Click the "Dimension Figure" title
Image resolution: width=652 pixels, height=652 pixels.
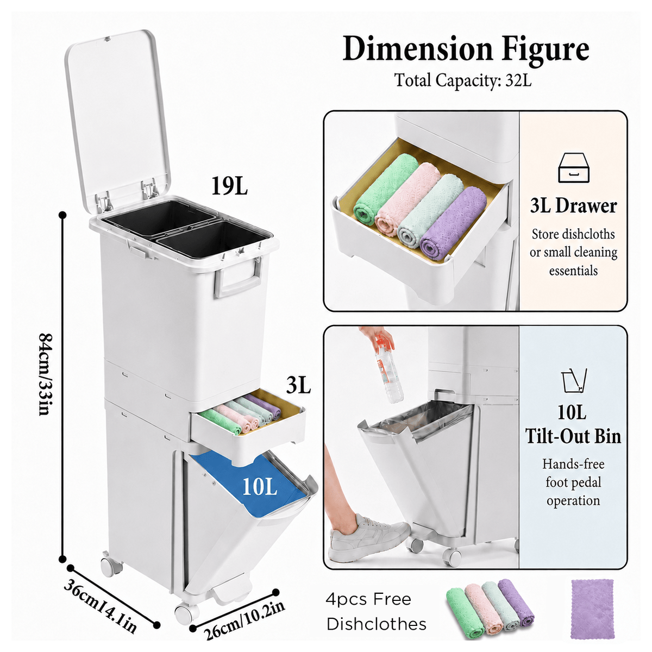point(466,49)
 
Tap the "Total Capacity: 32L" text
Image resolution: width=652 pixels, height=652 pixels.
point(463,80)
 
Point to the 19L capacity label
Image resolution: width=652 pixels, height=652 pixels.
point(230,186)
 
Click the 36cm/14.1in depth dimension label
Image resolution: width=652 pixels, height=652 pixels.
point(101,606)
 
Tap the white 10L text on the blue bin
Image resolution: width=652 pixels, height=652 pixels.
point(260,487)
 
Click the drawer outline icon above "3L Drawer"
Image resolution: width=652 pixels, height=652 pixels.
point(574,168)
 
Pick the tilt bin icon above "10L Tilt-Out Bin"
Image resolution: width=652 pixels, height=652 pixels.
point(574,380)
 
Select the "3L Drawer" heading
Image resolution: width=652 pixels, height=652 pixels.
point(574,206)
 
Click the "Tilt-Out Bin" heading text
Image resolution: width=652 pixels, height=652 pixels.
point(573,436)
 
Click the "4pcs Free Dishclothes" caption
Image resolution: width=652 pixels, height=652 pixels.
point(376,611)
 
